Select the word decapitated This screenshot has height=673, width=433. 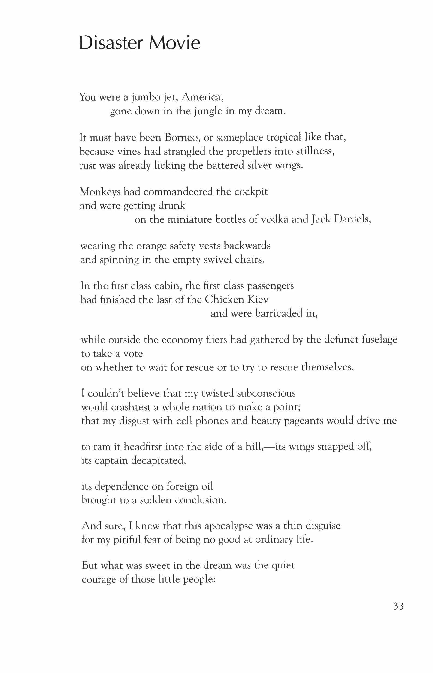pos(159,461)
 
